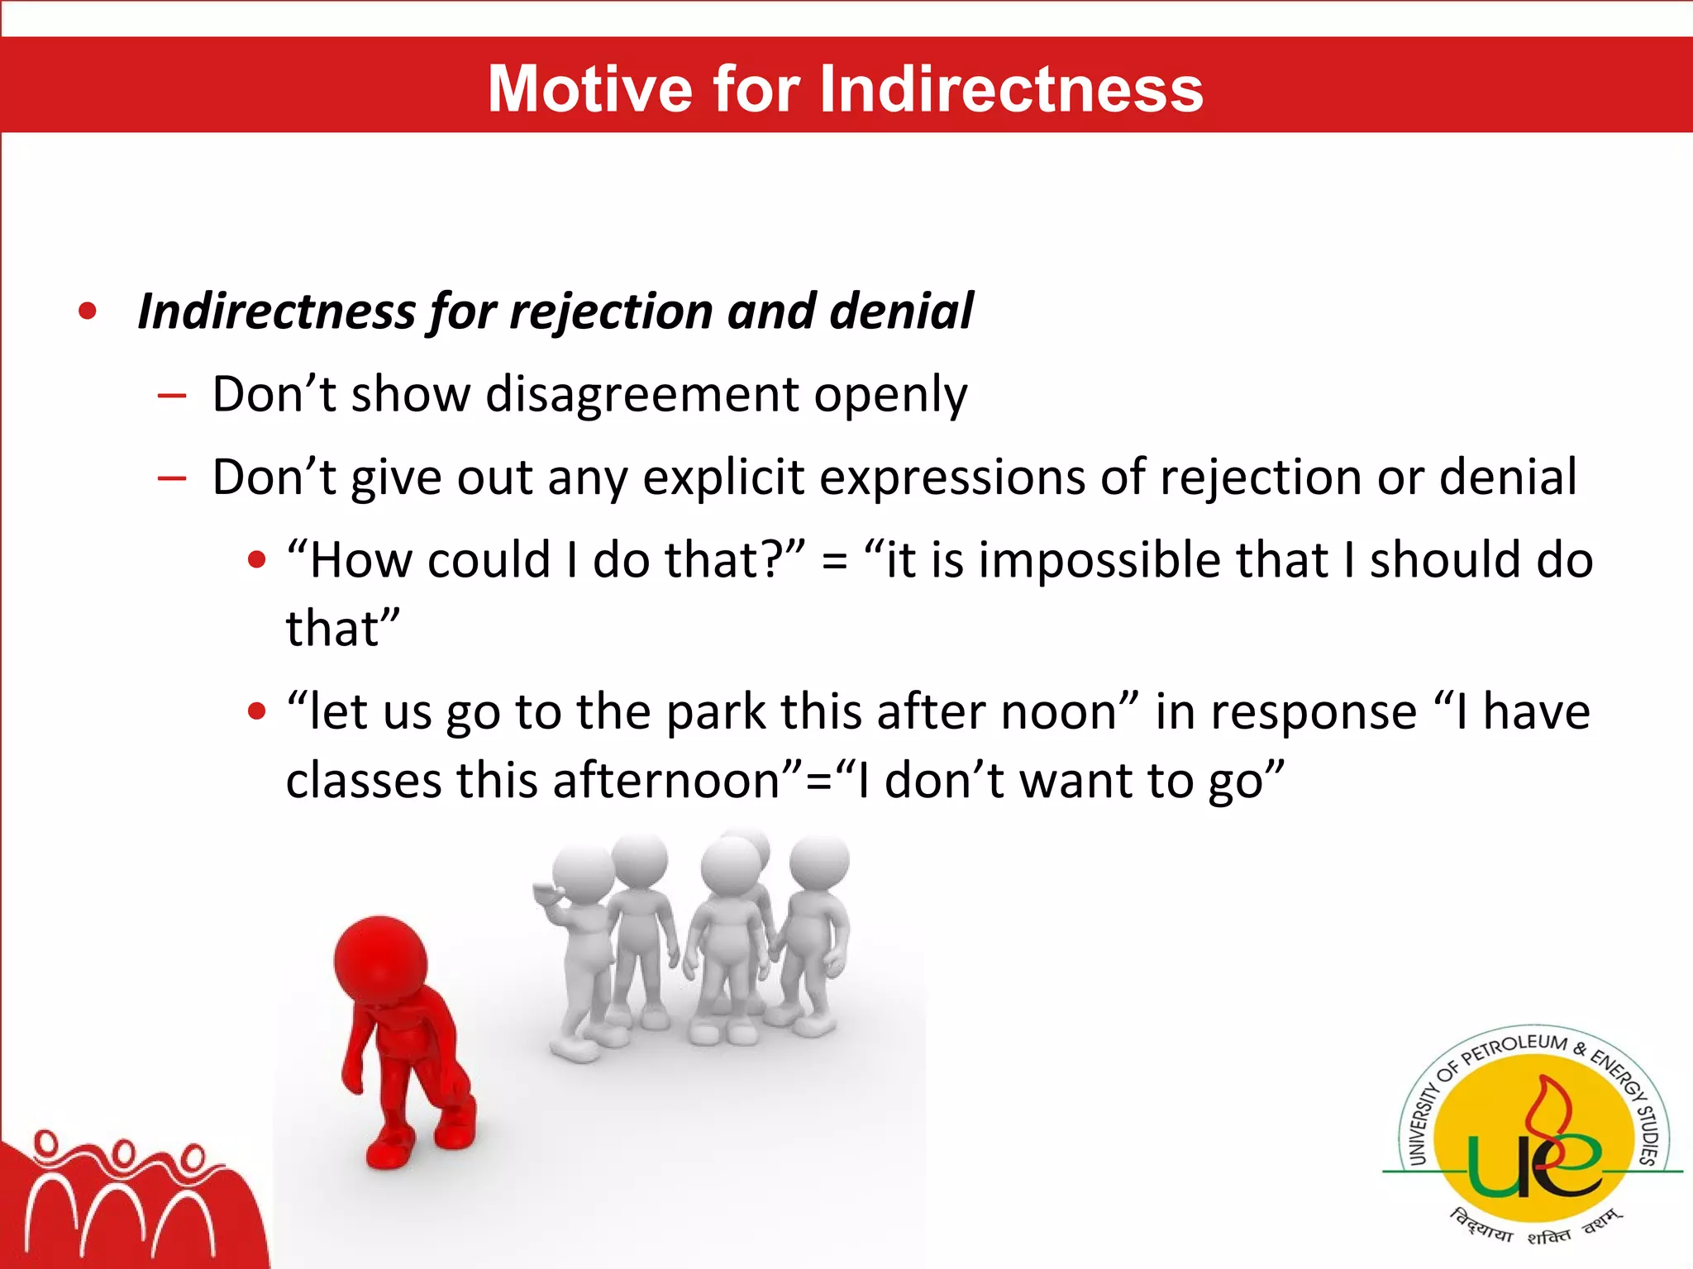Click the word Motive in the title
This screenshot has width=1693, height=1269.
pyautogui.click(x=589, y=88)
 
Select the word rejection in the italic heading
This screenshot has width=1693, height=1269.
pyautogui.click(x=610, y=312)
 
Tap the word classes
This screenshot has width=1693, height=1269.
pyautogui.click(x=363, y=781)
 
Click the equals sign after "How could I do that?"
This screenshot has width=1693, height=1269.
pyautogui.click(x=834, y=563)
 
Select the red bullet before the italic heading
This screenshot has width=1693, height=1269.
pyautogui.click(x=88, y=311)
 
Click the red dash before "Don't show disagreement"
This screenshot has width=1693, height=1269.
pyautogui.click(x=172, y=396)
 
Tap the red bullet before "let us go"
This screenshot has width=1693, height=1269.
pyautogui.click(x=257, y=711)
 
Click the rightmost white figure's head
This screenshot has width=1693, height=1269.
pyautogui.click(x=818, y=862)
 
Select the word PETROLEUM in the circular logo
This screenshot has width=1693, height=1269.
pyautogui.click(x=1514, y=1049)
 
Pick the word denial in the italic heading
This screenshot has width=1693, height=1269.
pyautogui.click(x=901, y=312)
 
